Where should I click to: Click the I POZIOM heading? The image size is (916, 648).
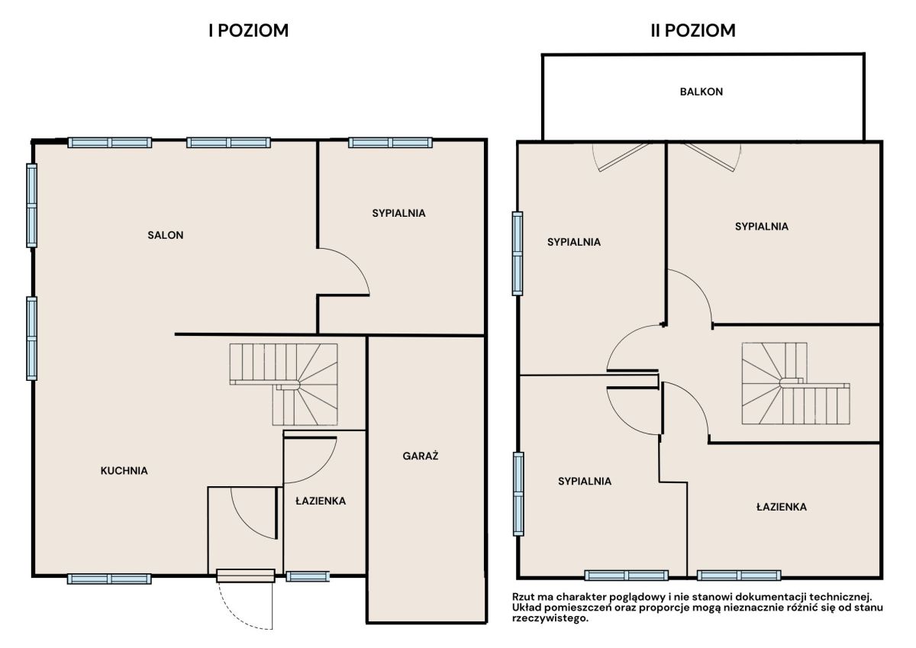(x=249, y=31)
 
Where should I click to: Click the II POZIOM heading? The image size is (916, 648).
(x=693, y=31)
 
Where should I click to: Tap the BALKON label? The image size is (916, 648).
(x=702, y=92)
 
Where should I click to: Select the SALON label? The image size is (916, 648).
(x=165, y=235)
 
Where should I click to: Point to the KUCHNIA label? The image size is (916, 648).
(x=124, y=471)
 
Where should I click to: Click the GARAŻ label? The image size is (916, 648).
(x=421, y=456)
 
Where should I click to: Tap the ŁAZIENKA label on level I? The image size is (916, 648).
(x=321, y=501)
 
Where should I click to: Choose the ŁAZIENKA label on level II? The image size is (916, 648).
(x=782, y=507)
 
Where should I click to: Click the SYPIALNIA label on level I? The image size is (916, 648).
(x=398, y=213)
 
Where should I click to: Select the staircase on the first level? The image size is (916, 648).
(x=284, y=385)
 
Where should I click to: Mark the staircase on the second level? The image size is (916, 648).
(x=795, y=383)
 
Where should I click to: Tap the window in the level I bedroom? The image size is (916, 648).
(x=391, y=143)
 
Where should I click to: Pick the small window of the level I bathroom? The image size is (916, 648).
(x=308, y=576)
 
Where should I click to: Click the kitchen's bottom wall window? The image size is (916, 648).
(x=109, y=579)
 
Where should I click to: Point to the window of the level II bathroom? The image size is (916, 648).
(x=739, y=575)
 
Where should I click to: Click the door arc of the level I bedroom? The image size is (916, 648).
(x=355, y=262)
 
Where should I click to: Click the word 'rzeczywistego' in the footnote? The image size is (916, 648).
(x=550, y=618)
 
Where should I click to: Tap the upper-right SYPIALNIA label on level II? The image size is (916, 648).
(x=762, y=227)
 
